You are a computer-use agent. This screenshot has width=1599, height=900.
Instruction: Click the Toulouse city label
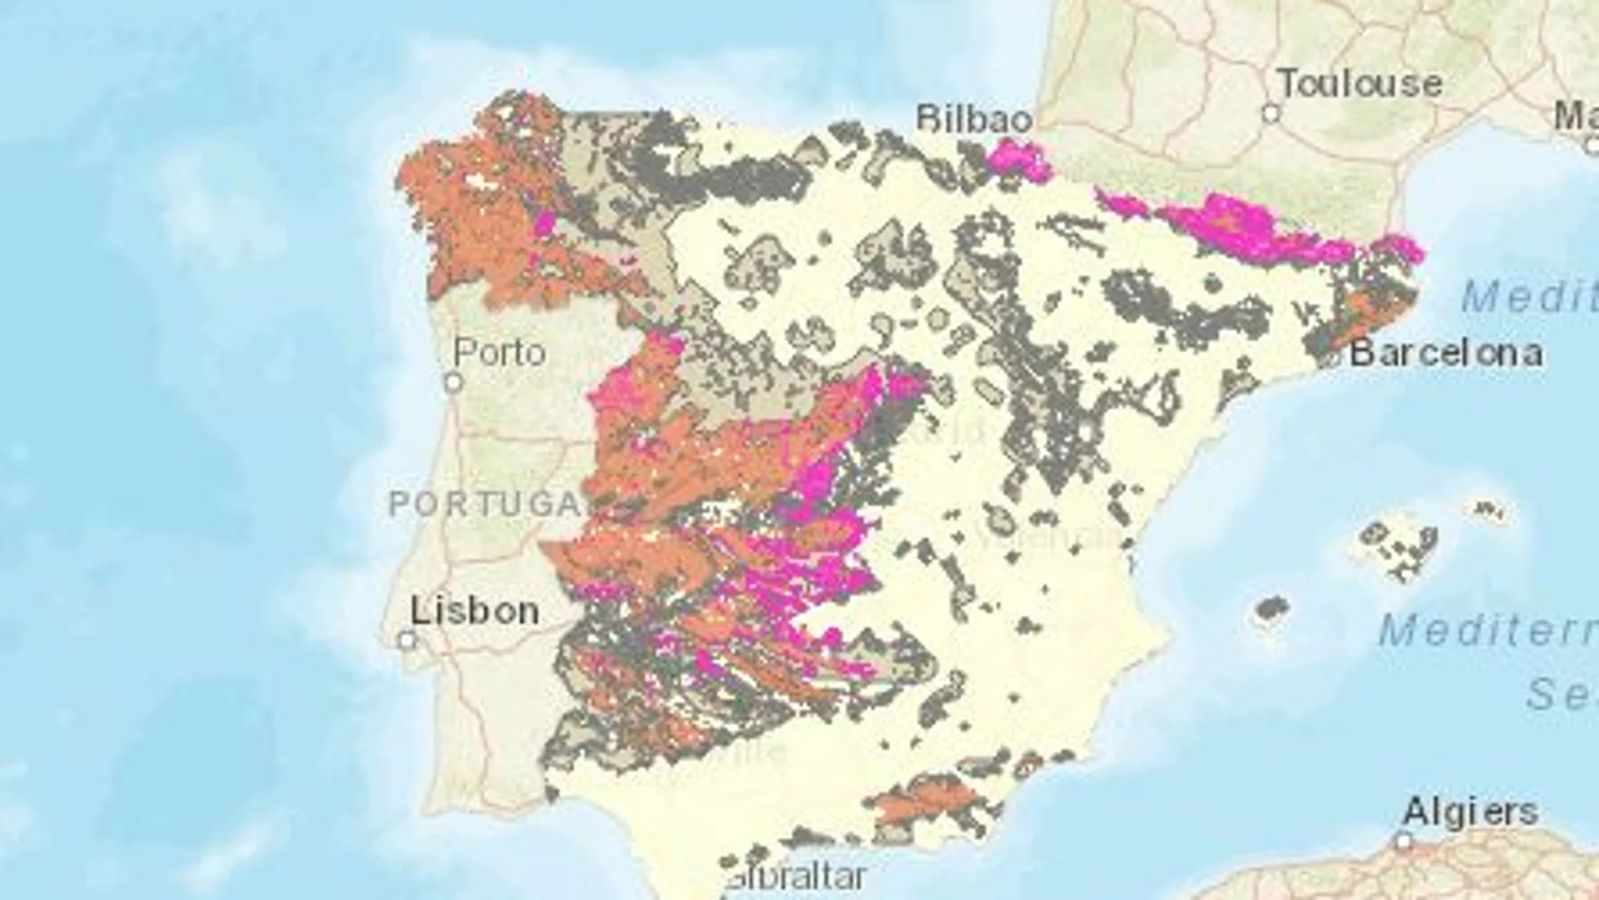pos(1360,83)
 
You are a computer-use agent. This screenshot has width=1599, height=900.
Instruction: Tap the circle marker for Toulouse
pos(1271,113)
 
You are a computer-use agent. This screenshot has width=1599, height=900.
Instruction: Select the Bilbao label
pos(974,119)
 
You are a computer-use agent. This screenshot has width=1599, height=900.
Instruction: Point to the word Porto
pos(500,352)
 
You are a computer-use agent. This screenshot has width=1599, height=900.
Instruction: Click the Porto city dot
pos(454,383)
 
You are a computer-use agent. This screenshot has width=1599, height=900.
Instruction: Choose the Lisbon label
pos(475,610)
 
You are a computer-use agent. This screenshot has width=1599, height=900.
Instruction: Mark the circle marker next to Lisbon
pos(407,641)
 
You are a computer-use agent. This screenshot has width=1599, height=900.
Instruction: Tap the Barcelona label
pos(1446,353)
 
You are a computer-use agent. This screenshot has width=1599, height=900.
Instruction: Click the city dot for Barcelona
pos(1331,357)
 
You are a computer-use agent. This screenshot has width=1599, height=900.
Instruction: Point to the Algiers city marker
pos(1403,841)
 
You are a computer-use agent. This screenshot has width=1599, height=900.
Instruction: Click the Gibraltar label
pos(795,877)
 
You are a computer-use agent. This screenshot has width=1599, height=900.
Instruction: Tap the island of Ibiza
pos(1272,609)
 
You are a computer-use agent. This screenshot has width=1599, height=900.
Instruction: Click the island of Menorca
pos(1490,509)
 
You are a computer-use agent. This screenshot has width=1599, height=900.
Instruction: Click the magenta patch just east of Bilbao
pos(1017,160)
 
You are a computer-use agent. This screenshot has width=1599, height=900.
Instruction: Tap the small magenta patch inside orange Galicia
pos(545,225)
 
